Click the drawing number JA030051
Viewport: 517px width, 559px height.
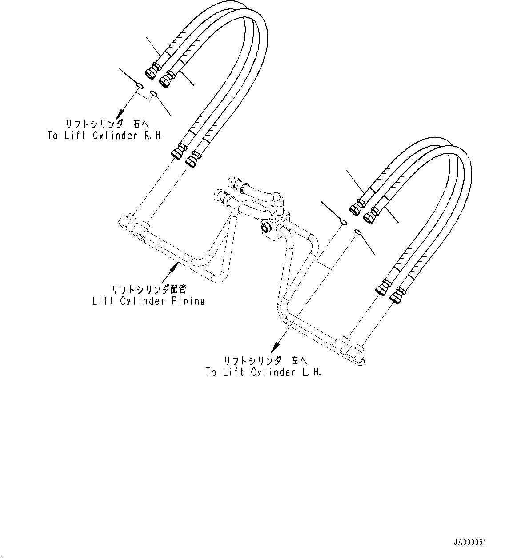click(x=470, y=543)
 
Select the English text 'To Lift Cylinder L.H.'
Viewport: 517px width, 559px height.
click(x=263, y=372)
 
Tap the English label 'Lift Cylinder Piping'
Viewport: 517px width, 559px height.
click(x=148, y=301)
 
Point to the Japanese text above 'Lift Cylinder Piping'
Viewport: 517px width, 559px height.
click(x=148, y=290)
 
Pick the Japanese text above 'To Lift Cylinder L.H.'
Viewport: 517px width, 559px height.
click(x=265, y=361)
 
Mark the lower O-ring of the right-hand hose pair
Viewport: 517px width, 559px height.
click(x=154, y=93)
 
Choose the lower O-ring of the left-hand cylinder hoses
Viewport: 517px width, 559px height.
click(x=358, y=231)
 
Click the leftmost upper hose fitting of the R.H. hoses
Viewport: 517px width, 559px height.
click(x=151, y=71)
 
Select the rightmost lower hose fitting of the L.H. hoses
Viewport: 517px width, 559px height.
click(x=397, y=295)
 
